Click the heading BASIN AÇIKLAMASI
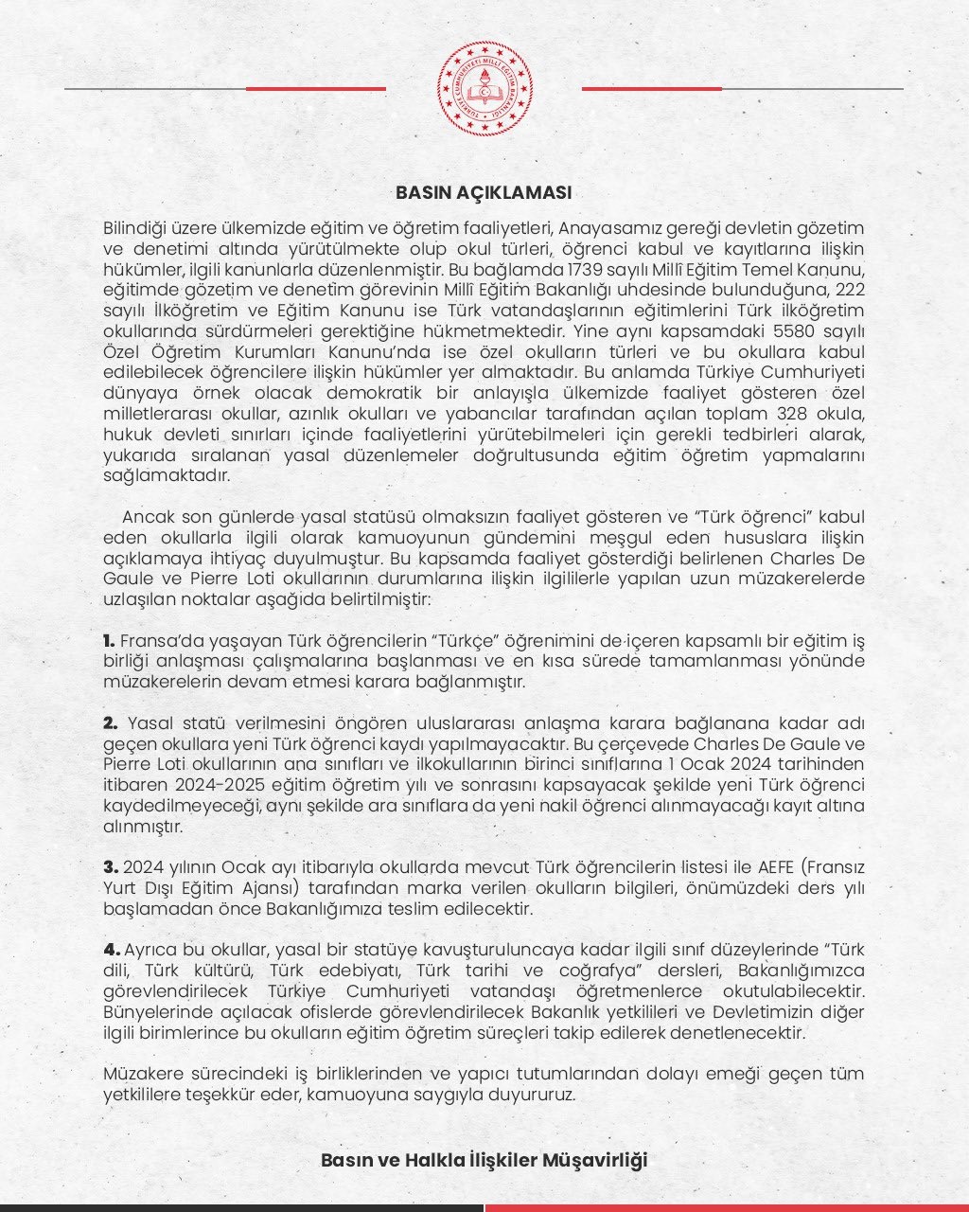[x=484, y=192]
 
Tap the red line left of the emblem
[x=316, y=89]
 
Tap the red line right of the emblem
[x=651, y=89]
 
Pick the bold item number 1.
[x=109, y=641]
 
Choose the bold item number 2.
[x=110, y=723]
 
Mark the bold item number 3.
[x=110, y=866]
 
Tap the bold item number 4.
[x=111, y=949]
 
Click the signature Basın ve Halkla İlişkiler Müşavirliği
[x=484, y=1160]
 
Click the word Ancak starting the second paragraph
[x=146, y=516]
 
